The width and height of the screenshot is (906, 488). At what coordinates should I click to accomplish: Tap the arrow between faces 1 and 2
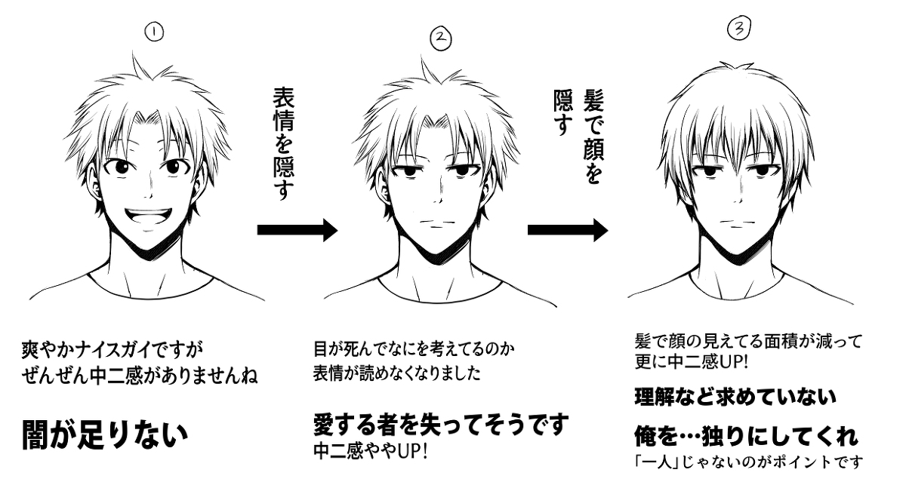pos(297,229)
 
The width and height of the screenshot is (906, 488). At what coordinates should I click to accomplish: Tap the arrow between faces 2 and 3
pos(567,229)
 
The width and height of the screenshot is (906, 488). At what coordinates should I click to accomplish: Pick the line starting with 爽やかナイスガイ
pos(112,350)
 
